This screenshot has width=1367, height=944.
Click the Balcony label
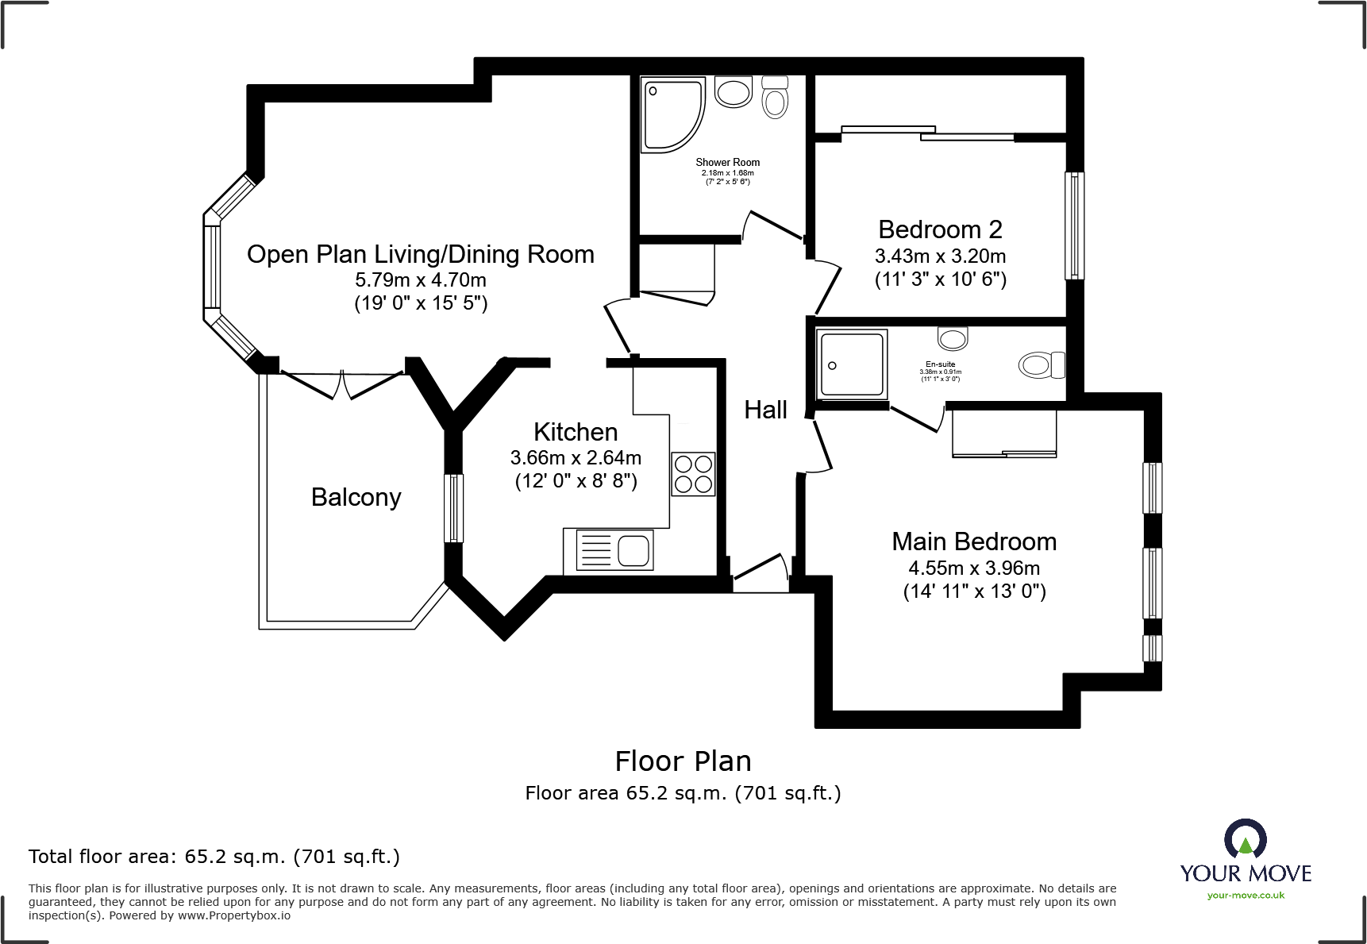pyautogui.click(x=356, y=497)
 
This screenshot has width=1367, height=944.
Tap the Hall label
pyautogui.click(x=766, y=410)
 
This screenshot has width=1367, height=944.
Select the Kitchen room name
pyautogui.click(x=576, y=432)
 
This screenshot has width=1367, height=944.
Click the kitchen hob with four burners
pyautogui.click(x=693, y=474)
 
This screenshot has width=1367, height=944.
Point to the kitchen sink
pyautogui.click(x=609, y=550)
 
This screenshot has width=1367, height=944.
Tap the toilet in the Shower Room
pyautogui.click(x=775, y=97)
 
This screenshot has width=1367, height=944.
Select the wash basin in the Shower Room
pyautogui.click(x=734, y=92)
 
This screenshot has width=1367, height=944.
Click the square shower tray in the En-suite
pyautogui.click(x=852, y=364)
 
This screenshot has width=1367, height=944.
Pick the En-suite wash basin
pyautogui.click(x=953, y=338)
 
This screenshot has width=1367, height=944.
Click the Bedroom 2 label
pyautogui.click(x=940, y=229)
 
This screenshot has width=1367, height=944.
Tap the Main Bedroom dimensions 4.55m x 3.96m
pyautogui.click(x=974, y=568)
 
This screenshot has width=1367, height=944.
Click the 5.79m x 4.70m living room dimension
pyautogui.click(x=421, y=280)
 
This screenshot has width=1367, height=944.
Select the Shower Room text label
pyautogui.click(x=728, y=162)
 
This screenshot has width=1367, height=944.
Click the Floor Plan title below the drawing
pyautogui.click(x=683, y=761)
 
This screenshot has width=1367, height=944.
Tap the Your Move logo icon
pyautogui.click(x=1245, y=838)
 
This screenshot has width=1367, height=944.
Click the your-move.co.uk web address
pyautogui.click(x=1246, y=896)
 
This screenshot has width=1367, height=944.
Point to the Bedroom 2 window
pyautogui.click(x=1074, y=226)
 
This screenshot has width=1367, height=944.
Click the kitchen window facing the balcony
pyautogui.click(x=453, y=508)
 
